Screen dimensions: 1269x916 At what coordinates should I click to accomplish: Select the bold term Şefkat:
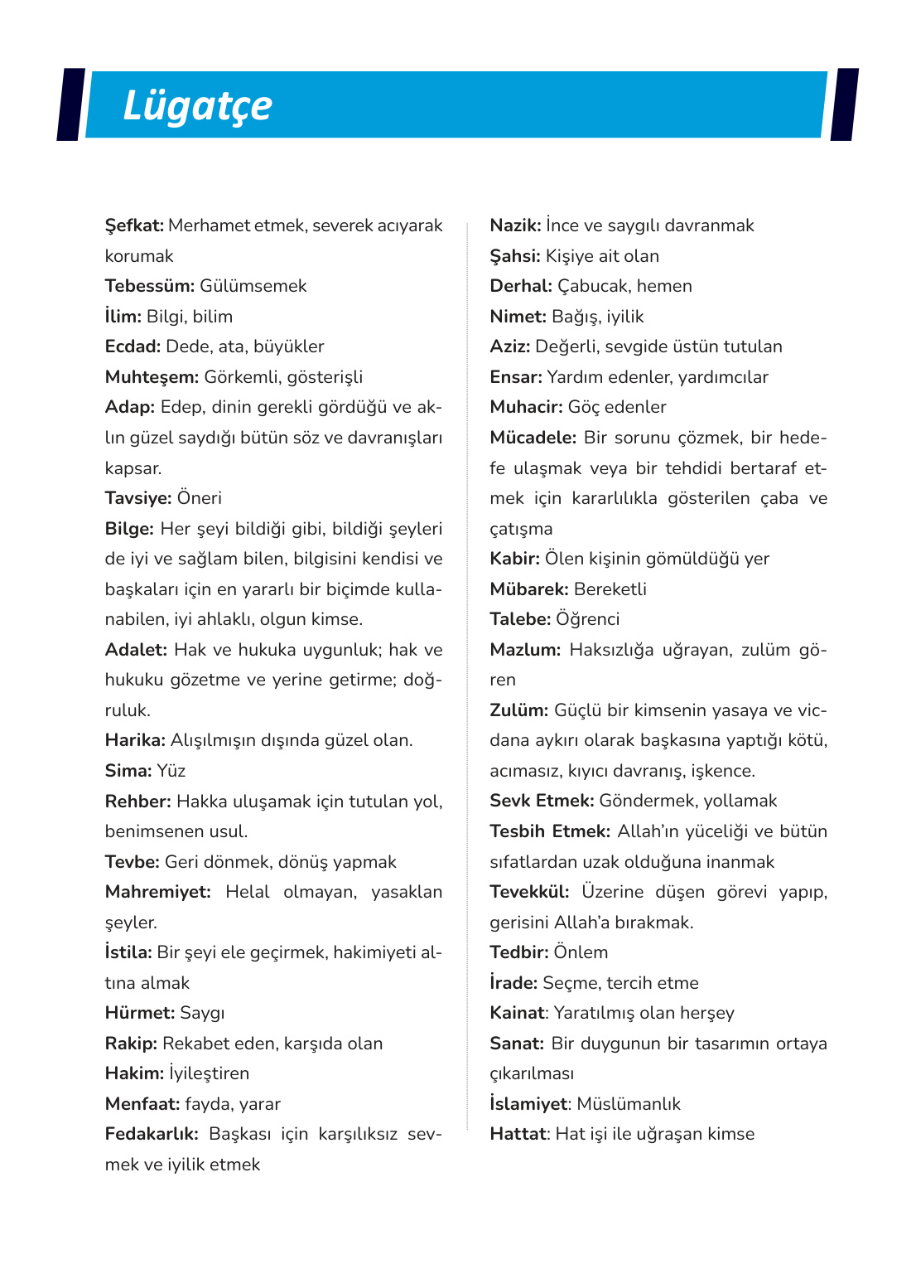pyautogui.click(x=134, y=225)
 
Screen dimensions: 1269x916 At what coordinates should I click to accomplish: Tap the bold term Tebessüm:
pyautogui.click(x=149, y=286)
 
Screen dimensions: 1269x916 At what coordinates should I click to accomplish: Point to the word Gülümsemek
pyautogui.click(x=253, y=286)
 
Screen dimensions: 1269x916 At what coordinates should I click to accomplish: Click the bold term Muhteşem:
pyautogui.click(x=152, y=377)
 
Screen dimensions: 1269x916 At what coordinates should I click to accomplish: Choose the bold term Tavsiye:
pyautogui.click(x=137, y=498)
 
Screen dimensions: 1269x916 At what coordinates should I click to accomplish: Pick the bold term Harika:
pyautogui.click(x=134, y=740)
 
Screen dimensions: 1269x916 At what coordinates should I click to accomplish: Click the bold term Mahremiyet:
pyautogui.click(x=157, y=892)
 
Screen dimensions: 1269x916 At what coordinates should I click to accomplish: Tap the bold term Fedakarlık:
pyautogui.click(x=152, y=1134)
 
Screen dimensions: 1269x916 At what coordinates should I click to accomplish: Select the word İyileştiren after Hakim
pyautogui.click(x=209, y=1073)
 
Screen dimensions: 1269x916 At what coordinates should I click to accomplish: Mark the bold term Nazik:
pyautogui.click(x=515, y=225)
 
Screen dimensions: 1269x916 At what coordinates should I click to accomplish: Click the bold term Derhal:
pyautogui.click(x=520, y=286)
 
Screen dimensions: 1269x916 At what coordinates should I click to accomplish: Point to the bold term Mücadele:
pyautogui.click(x=533, y=438)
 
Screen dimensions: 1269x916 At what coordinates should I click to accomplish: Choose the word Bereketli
pyautogui.click(x=610, y=589)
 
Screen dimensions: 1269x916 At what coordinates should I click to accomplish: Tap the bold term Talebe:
pyautogui.click(x=519, y=619)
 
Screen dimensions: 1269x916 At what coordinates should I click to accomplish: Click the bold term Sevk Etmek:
pyautogui.click(x=542, y=801)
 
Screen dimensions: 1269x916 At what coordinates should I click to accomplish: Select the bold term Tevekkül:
pyautogui.click(x=529, y=892)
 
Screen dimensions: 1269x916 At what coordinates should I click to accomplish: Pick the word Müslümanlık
pyautogui.click(x=629, y=1104)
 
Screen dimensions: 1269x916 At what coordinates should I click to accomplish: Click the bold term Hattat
pyautogui.click(x=518, y=1134)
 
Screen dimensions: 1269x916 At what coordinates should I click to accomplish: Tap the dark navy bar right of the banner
pyautogui.click(x=843, y=104)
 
